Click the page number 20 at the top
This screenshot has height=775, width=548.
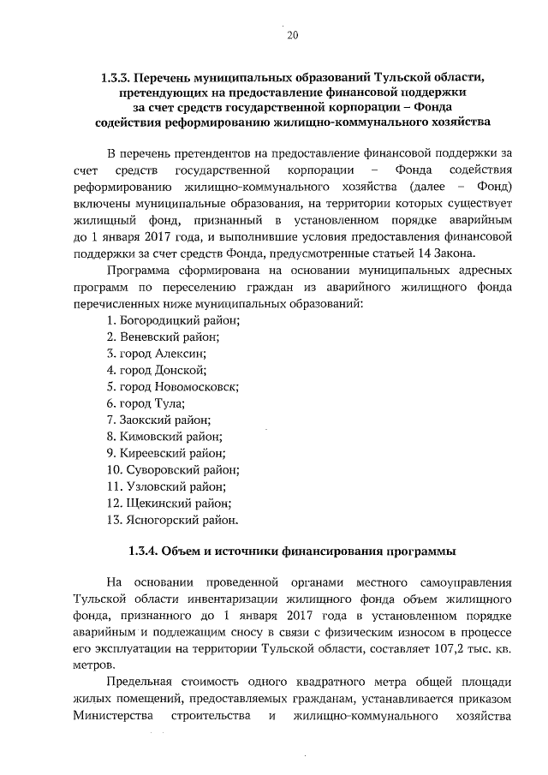pos(292,35)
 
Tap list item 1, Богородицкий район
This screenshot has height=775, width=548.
pos(173,320)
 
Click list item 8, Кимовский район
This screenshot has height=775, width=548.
pos(164,437)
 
